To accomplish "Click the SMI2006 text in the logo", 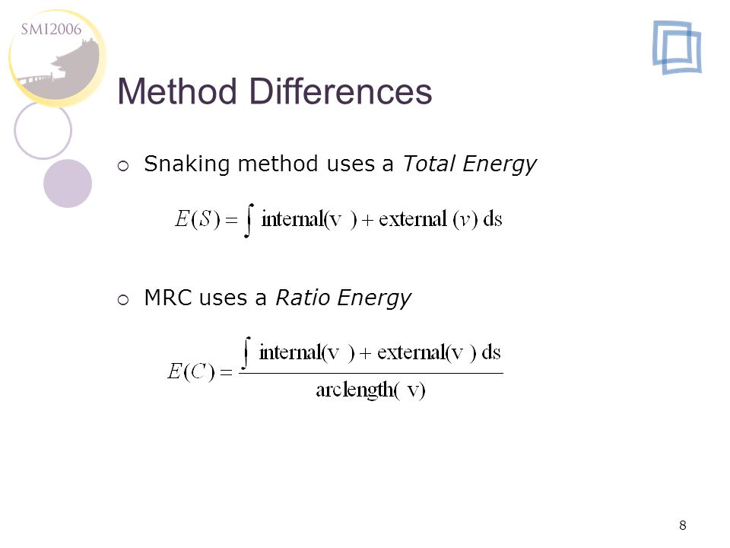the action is [51, 30].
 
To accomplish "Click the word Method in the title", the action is [177, 91].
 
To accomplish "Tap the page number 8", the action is [683, 525].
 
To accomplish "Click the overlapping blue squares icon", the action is [677, 47].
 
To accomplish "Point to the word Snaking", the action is [187, 164].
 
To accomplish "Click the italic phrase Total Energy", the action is [470, 164].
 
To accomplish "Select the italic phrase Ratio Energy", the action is [344, 298].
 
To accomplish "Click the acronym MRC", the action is [168, 298].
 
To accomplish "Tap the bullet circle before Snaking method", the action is [123, 166].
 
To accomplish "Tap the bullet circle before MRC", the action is [123, 300].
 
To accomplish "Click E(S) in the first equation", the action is [197, 219].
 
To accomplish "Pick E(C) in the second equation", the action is [191, 372].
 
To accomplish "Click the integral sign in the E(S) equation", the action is [249, 221].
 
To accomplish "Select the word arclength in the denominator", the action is [355, 390].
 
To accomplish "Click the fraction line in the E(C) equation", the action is [371, 373].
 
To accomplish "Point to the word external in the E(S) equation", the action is [412, 219].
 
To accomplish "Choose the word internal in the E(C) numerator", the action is [290, 352].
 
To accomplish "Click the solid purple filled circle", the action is [68, 183].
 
